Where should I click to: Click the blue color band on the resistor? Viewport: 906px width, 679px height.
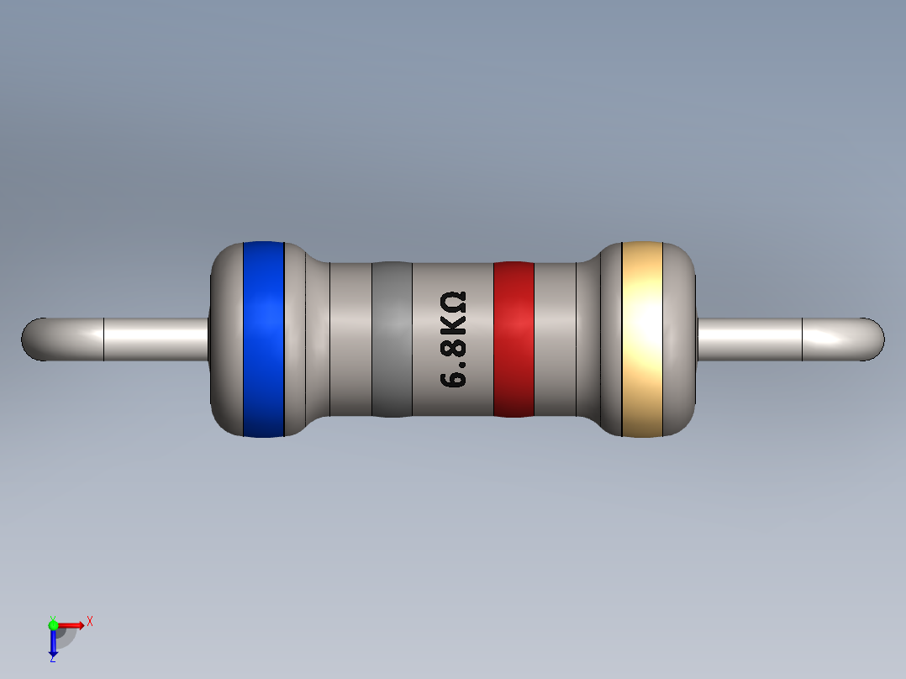tap(263, 339)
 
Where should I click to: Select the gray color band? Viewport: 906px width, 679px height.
tap(392, 339)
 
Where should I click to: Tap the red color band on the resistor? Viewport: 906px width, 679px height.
tap(514, 339)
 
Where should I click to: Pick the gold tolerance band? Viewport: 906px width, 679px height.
tap(642, 339)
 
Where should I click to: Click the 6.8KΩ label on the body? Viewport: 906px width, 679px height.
tap(453, 339)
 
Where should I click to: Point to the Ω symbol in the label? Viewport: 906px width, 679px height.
tap(453, 302)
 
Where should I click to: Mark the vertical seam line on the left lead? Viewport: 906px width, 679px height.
tap(103, 339)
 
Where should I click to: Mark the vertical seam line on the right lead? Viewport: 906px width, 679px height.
tap(803, 339)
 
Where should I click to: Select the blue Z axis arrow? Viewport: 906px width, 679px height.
tap(53, 644)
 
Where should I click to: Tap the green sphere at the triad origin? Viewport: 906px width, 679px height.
tap(53, 624)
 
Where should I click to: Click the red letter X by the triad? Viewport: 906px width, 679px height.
tap(89, 622)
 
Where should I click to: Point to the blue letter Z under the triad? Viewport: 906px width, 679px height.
tap(52, 660)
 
